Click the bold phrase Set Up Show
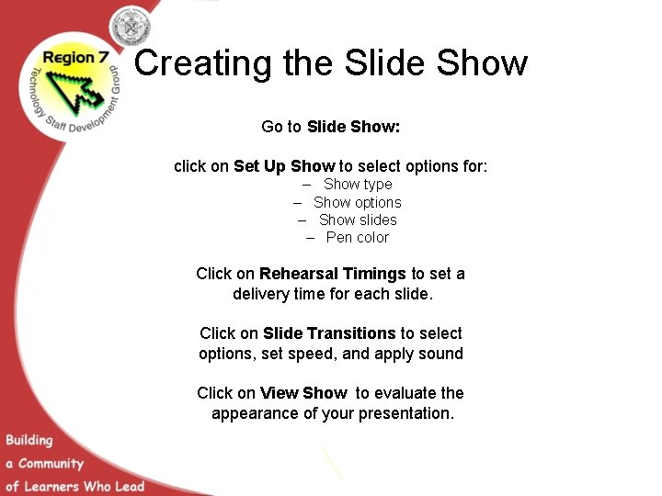[x=284, y=166]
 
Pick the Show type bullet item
[x=358, y=185]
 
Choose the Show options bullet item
[x=357, y=202]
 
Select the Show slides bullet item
[x=358, y=220]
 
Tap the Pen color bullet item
[x=357, y=237]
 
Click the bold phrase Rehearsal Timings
[x=332, y=274]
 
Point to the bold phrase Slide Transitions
[x=329, y=333]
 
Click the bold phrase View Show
[x=303, y=393]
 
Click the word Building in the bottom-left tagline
[x=29, y=441]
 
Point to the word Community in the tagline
[x=51, y=464]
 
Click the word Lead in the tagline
[x=129, y=485]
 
